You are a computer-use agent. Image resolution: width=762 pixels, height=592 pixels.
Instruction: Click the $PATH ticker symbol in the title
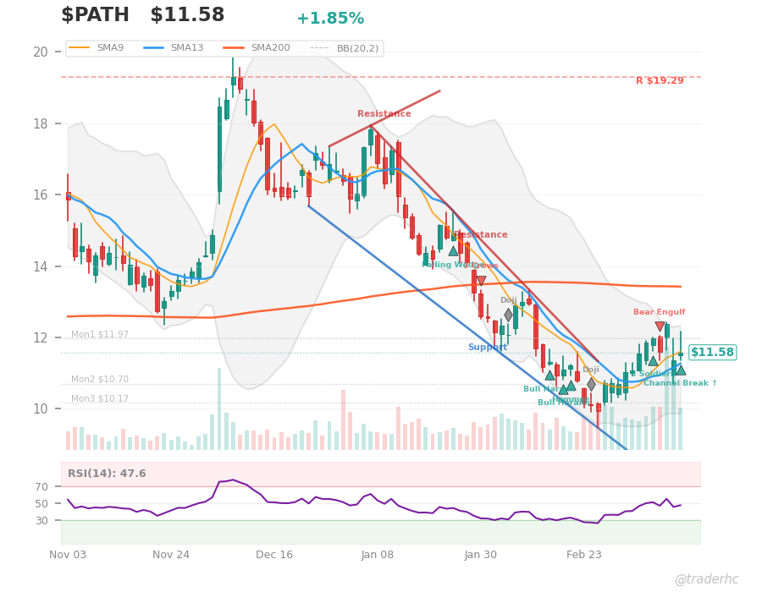tap(95, 15)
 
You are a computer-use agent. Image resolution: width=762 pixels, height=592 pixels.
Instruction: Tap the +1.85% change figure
tap(330, 19)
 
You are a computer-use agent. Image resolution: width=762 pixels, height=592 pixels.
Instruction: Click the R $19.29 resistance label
tap(660, 81)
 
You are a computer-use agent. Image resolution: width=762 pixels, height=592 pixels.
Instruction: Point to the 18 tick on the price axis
tap(41, 123)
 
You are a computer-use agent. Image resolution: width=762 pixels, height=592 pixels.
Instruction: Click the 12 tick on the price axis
tap(41, 338)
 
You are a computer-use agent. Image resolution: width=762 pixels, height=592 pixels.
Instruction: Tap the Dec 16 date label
tap(273, 555)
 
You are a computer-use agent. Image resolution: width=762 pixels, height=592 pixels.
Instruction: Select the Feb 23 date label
tap(583, 555)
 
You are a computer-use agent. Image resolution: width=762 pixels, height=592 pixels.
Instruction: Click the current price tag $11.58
tap(712, 353)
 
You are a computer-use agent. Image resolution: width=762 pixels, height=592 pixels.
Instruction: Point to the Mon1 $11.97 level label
tap(100, 335)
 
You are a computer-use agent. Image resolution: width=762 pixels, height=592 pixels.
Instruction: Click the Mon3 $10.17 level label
tap(100, 399)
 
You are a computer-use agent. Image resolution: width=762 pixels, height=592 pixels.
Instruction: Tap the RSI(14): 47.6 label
tap(107, 474)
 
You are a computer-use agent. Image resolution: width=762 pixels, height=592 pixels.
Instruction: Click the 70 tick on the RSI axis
tap(42, 486)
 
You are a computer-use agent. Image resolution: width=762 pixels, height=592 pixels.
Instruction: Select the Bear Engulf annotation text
tap(659, 312)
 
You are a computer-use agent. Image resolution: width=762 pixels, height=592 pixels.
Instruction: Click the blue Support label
tap(487, 348)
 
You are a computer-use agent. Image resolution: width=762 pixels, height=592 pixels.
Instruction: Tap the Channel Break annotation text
tap(680, 383)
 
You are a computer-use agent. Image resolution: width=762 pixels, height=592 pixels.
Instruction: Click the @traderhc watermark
tap(706, 579)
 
